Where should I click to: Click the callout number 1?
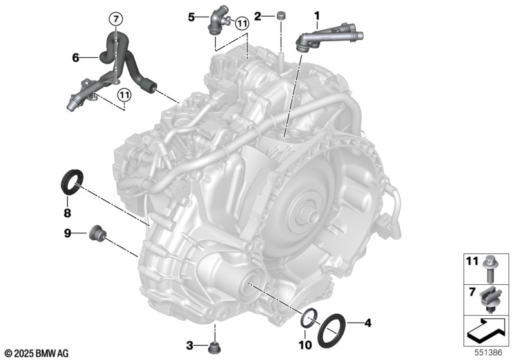click(x=317, y=15)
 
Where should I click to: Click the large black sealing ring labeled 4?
click(x=331, y=331)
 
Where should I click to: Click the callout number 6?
click(x=76, y=58)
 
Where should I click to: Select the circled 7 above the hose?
click(x=116, y=19)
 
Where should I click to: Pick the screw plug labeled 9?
click(x=98, y=234)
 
